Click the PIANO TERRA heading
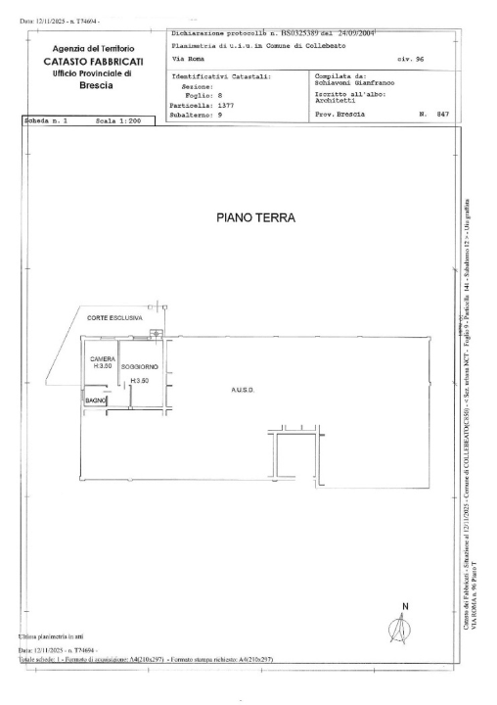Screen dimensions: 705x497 pos(254,217)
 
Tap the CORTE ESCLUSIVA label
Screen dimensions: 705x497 pos(115,318)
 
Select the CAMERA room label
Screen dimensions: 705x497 pos(103,358)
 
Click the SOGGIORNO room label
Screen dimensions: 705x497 pos(140,366)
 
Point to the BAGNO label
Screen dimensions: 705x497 pos(95,401)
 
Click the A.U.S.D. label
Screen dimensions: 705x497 pos(243,390)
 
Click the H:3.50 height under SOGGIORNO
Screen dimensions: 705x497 pos(140,380)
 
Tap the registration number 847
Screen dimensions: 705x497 pos(441,114)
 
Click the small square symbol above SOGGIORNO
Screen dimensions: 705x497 pos(157,334)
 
